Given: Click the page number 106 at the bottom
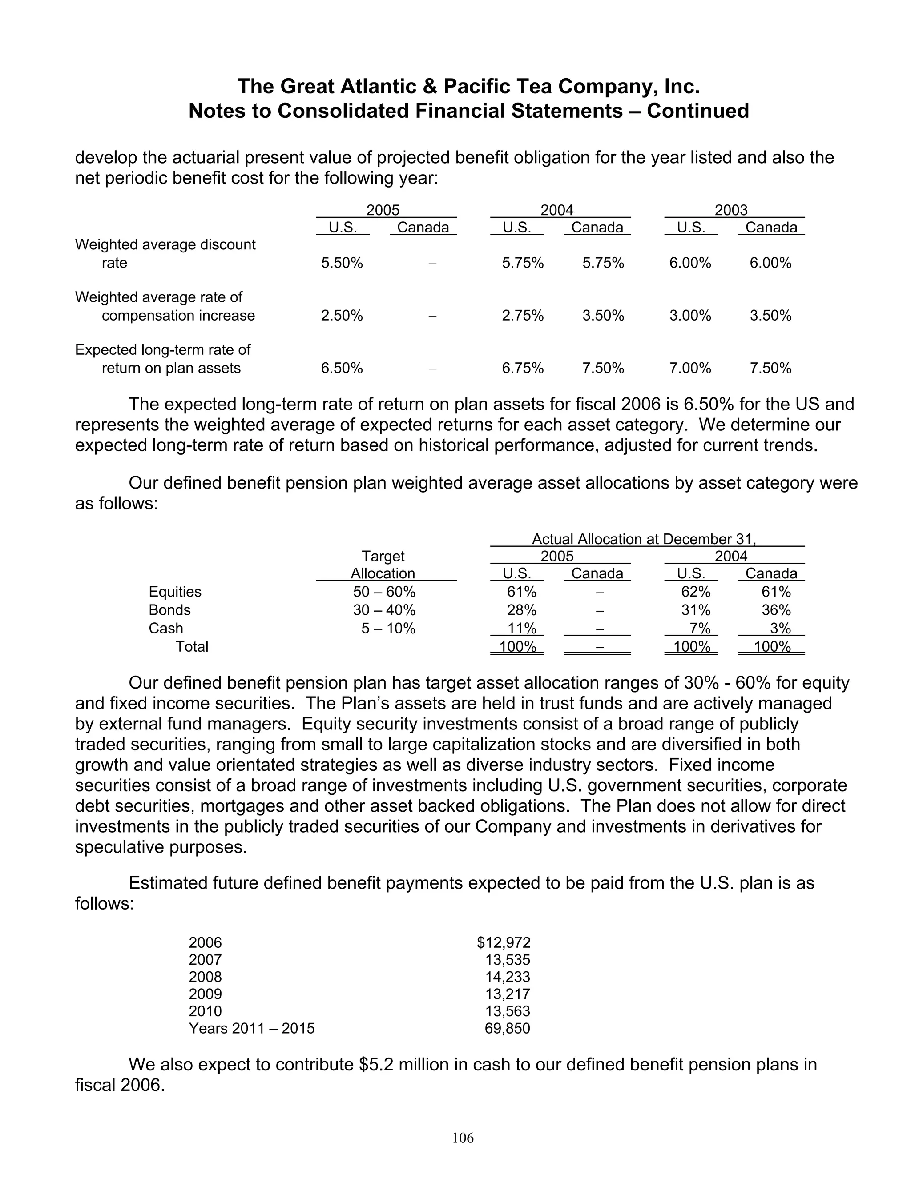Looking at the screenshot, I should pos(463,1138).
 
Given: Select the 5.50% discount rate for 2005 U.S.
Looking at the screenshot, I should pos(342,263).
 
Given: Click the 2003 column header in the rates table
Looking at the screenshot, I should pos(731,210).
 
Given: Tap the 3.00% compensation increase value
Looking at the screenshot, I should pos(690,316).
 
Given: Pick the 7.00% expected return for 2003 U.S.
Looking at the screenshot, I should pos(690,369).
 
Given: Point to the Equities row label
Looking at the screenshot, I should pos(175,592).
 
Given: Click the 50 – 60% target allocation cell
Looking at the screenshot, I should pos(384,592).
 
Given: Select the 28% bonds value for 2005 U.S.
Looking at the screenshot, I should pos(521,610).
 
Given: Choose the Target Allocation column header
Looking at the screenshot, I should pos(383,565).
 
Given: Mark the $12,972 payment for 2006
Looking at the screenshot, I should pos(504,942).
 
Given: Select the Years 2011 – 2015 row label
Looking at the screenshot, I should pos(251,1028).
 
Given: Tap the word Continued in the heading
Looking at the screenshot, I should pos(697,111).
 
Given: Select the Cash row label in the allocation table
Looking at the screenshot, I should pos(165,629).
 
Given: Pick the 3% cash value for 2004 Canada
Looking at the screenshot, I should pos(780,629).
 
